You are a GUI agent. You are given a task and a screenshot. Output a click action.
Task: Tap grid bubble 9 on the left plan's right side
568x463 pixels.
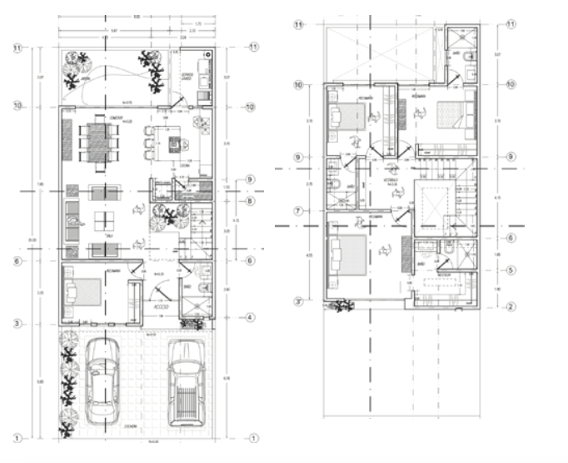click(x=250, y=180)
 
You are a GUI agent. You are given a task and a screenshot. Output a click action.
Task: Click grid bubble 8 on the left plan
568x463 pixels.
click(x=250, y=199)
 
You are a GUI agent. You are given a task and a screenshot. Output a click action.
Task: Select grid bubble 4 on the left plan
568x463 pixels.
click(x=250, y=318)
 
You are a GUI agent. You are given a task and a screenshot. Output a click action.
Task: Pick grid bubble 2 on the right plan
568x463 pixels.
click(x=511, y=306)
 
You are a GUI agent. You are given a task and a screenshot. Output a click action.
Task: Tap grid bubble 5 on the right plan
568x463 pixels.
click(x=511, y=270)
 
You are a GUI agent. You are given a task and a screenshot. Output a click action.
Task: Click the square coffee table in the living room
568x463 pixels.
click(x=104, y=221)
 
